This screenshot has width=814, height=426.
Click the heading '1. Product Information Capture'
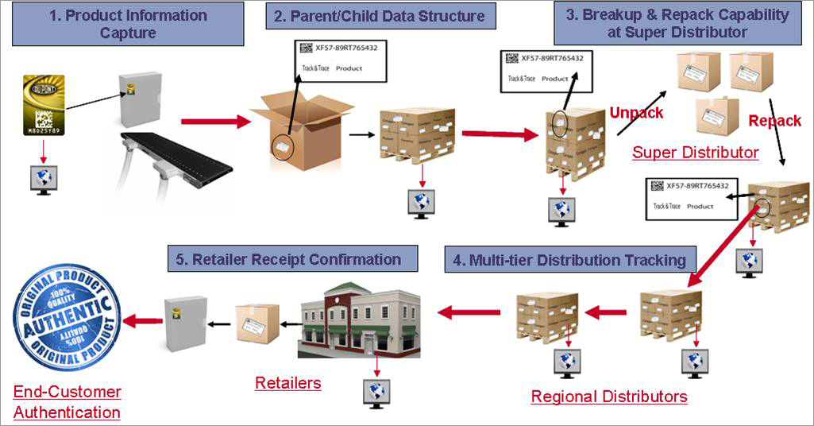pyautogui.click(x=128, y=24)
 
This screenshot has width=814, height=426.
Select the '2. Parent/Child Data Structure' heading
pyautogui.click(x=380, y=16)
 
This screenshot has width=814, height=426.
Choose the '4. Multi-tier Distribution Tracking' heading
pyautogui.click(x=569, y=260)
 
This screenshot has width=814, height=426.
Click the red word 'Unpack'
pyautogui.click(x=636, y=113)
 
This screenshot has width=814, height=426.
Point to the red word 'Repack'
pyautogui.click(x=774, y=121)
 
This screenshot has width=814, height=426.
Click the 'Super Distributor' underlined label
pyautogui.click(x=695, y=152)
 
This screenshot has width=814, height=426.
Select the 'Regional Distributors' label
pyautogui.click(x=609, y=396)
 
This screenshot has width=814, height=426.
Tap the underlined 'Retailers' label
pyautogui.click(x=288, y=383)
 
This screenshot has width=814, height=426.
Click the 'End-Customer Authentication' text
pyautogui.click(x=68, y=402)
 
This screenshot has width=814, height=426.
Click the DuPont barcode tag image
pyautogui.click(x=43, y=104)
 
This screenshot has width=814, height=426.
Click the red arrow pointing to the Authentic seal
pyautogui.click(x=143, y=321)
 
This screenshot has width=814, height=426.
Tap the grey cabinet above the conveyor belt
pyautogui.click(x=140, y=99)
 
